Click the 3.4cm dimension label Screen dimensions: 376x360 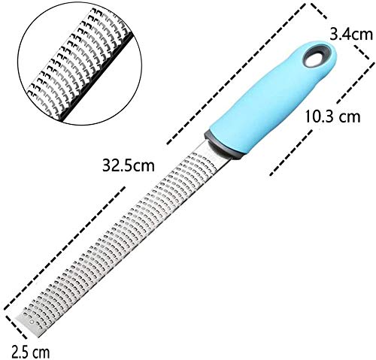[351, 35]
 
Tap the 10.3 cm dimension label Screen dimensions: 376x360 [332, 116]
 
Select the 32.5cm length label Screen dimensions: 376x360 [129, 165]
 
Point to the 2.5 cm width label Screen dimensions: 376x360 [31, 352]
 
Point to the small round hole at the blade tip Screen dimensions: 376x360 [31, 321]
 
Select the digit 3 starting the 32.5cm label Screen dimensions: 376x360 [106, 165]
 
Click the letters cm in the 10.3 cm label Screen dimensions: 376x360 [350, 117]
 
